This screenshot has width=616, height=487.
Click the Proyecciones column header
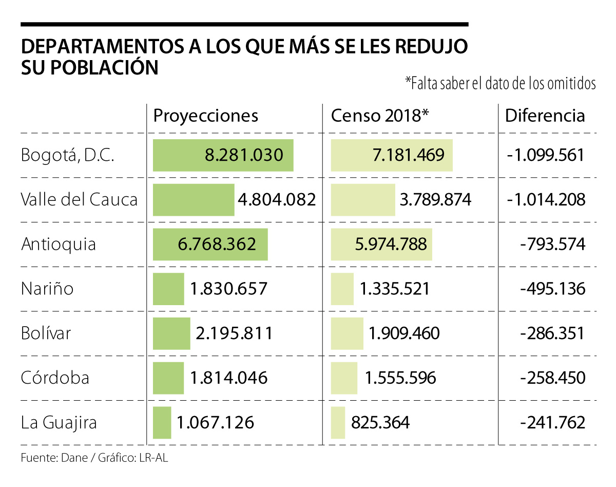click(x=205, y=116)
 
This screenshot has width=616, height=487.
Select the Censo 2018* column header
click(x=379, y=116)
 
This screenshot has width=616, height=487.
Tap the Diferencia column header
click(x=545, y=116)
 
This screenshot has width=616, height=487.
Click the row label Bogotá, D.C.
click(x=67, y=155)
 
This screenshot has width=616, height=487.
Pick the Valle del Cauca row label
click(x=80, y=199)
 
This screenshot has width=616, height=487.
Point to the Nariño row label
click(x=47, y=289)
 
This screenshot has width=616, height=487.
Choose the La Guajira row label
click(x=59, y=423)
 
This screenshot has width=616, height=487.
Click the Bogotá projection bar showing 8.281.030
click(x=223, y=155)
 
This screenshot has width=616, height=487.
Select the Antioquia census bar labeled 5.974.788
click(x=381, y=244)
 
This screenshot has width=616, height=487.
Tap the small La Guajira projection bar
click(x=162, y=423)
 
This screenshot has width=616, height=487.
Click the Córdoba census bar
click(x=344, y=378)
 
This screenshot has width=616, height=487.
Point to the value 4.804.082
click(x=277, y=199)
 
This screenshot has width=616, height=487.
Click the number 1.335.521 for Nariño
click(x=394, y=289)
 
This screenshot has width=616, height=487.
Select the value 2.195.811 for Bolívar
click(x=234, y=333)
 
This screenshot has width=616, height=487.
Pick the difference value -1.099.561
click(x=546, y=155)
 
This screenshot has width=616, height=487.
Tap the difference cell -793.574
click(x=552, y=244)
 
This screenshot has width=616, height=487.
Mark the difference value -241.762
click(x=552, y=423)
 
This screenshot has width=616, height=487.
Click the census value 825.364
click(x=380, y=423)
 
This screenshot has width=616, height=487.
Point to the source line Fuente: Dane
click(x=95, y=457)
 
